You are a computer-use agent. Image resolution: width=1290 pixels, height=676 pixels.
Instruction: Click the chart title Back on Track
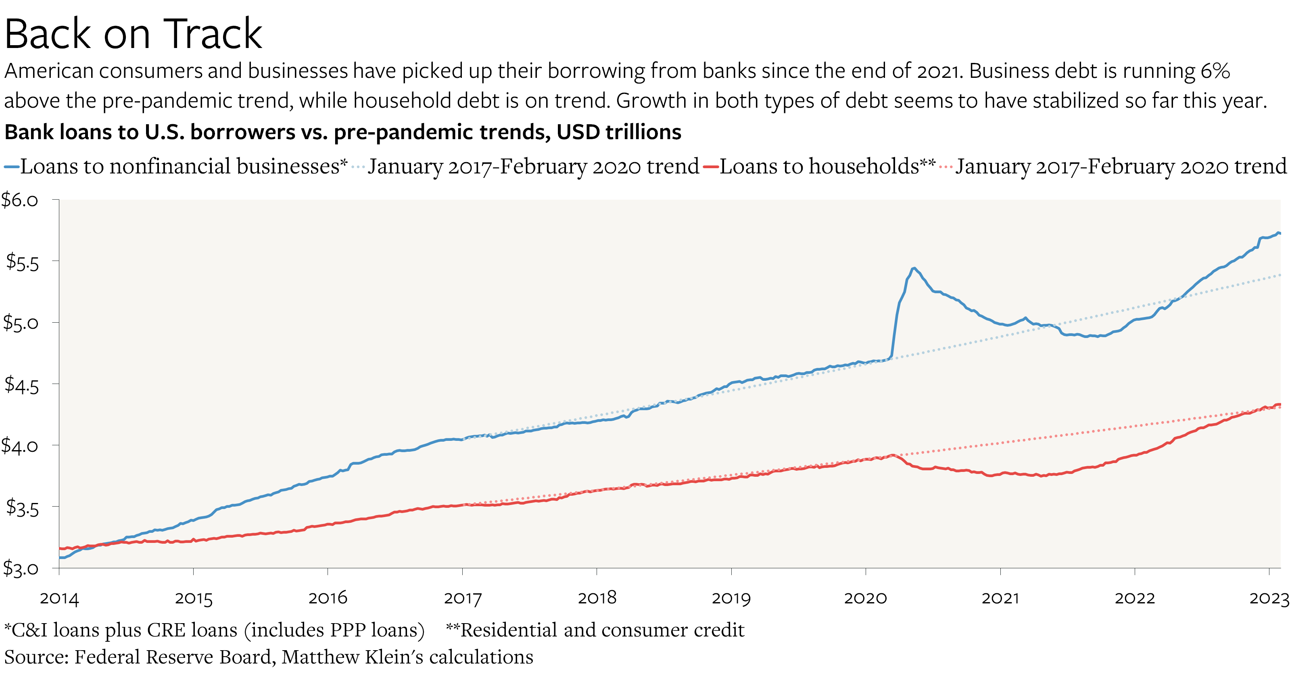pyautogui.click(x=133, y=34)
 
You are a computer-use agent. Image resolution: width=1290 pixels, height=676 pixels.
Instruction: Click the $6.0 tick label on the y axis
pyautogui.click(x=20, y=200)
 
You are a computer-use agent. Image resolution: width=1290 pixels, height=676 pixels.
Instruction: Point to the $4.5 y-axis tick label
pyautogui.click(x=21, y=384)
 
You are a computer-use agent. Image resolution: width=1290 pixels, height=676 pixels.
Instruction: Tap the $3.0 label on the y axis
pyautogui.click(x=20, y=568)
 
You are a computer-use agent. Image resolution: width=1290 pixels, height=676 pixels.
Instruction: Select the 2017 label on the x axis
pyautogui.click(x=462, y=599)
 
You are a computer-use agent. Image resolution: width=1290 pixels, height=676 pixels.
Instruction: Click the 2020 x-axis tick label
pyautogui.click(x=865, y=599)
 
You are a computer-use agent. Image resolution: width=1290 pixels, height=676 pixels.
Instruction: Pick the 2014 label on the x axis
pyautogui.click(x=59, y=599)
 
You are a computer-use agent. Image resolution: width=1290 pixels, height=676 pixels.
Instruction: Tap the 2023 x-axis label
pyautogui.click(x=1269, y=599)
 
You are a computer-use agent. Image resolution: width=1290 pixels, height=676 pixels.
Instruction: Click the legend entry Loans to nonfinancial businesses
pyautogui.click(x=183, y=166)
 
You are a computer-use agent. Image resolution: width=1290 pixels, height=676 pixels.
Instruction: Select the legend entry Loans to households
pyautogui.click(x=826, y=166)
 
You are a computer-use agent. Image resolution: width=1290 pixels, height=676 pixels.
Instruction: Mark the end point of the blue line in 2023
pyautogui.click(x=1280, y=234)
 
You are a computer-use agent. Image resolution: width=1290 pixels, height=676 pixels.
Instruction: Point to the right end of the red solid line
pyautogui.click(x=1280, y=405)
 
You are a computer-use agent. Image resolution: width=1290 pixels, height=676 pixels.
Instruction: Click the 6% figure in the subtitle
pyautogui.click(x=1215, y=71)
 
